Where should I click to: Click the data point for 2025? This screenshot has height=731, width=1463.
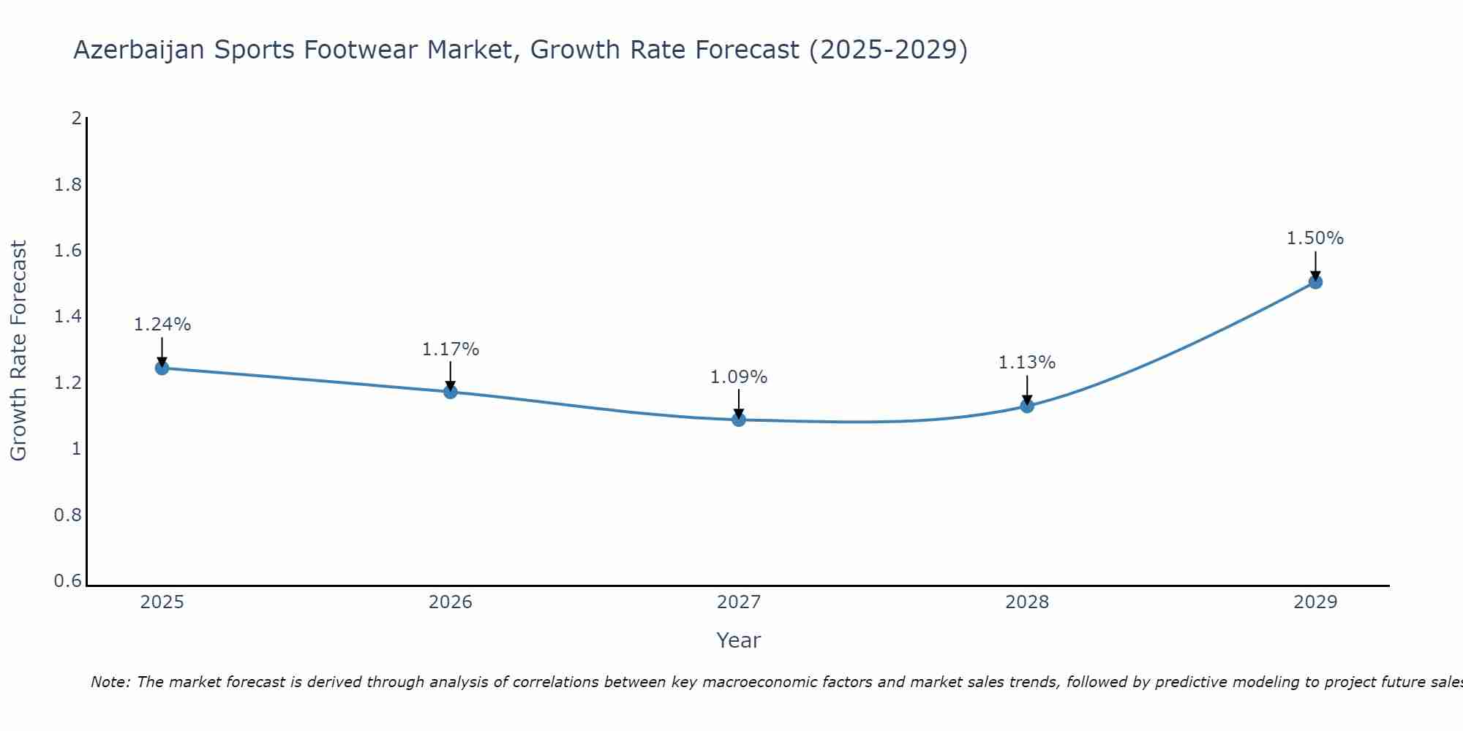[x=162, y=368]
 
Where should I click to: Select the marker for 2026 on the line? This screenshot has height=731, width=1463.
[x=451, y=392]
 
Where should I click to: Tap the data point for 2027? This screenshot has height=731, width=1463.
[x=739, y=420]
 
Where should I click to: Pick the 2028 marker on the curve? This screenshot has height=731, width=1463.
[x=1027, y=406]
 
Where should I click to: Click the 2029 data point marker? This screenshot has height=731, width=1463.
[x=1315, y=282]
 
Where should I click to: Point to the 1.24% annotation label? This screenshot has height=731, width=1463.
[x=162, y=325]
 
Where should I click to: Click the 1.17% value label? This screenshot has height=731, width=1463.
[x=451, y=349]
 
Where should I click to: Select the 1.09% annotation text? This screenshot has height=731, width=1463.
[x=739, y=377]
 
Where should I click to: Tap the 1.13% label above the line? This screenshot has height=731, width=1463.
[x=1027, y=363]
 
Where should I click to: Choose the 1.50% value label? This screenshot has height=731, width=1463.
[x=1315, y=238]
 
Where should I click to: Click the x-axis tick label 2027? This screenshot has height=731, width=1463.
[x=739, y=602]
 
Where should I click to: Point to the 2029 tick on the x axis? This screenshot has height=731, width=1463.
[x=1315, y=602]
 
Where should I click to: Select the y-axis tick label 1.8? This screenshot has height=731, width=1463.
[x=68, y=185]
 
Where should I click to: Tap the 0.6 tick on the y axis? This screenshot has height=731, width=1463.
[x=68, y=581]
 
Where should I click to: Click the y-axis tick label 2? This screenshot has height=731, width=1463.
[x=76, y=118]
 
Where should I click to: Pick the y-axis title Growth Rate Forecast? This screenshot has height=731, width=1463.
[x=18, y=351]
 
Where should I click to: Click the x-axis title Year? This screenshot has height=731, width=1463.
[x=739, y=640]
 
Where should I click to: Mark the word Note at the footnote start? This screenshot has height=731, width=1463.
[x=110, y=682]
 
